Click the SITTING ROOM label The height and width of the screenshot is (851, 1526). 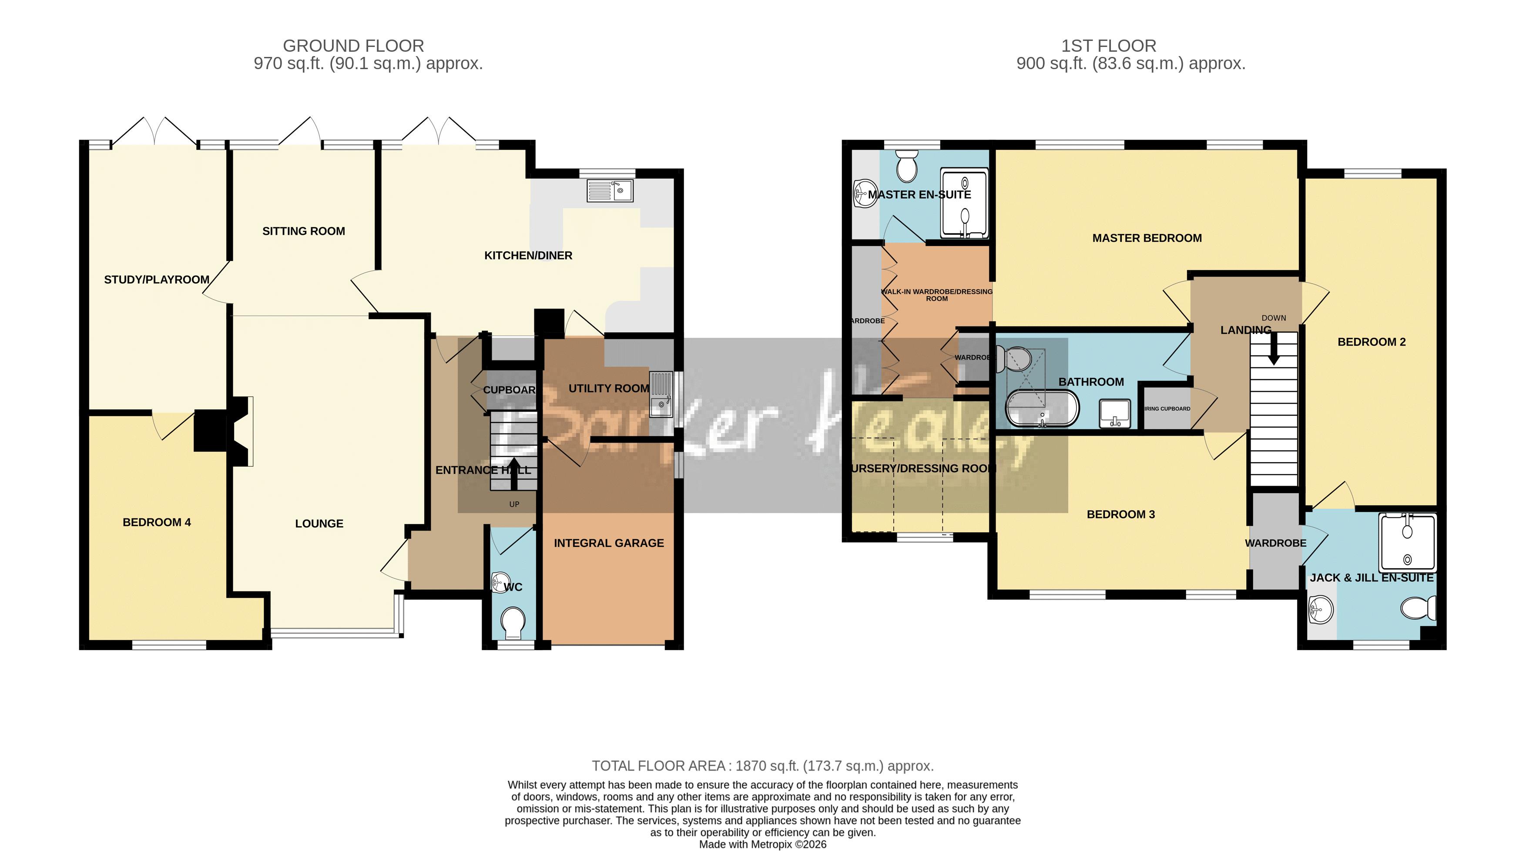(303, 231)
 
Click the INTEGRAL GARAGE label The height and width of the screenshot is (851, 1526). (608, 543)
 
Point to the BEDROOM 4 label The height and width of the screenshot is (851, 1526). (156, 522)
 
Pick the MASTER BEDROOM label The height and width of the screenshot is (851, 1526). (1147, 238)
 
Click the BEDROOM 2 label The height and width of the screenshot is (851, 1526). (1372, 342)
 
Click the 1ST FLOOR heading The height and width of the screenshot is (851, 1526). (1108, 46)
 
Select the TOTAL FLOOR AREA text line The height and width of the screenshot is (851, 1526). (762, 766)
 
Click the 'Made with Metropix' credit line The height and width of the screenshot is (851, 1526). (762, 844)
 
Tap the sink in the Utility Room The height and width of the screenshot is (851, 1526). (661, 406)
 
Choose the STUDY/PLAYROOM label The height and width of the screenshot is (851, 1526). (156, 280)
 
